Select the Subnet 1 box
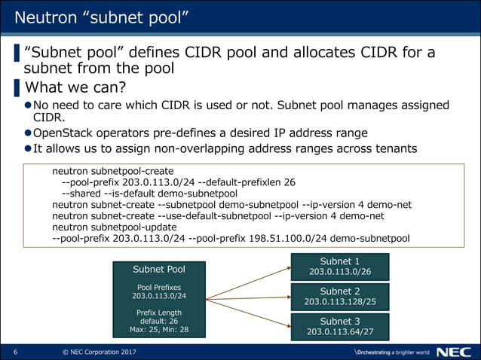tap(339, 266)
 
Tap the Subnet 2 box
tap(339, 296)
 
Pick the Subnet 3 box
tap(339, 326)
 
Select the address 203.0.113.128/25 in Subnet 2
tap(340, 302)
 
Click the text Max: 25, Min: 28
tap(159, 330)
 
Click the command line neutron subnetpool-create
tap(113, 170)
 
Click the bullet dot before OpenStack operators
tap(28, 133)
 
